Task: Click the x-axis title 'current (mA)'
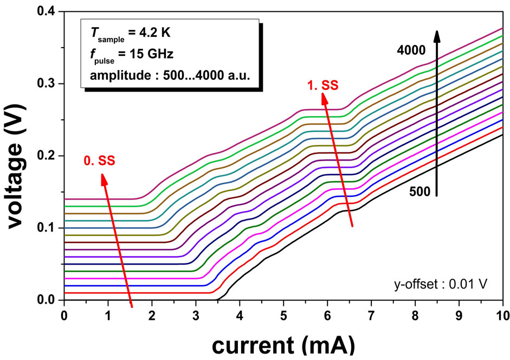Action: tap(283, 343)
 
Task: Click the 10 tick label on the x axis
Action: tap(502, 314)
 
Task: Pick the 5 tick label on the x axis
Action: tap(283, 314)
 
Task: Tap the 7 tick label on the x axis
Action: tap(371, 314)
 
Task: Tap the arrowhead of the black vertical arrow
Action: tap(437, 35)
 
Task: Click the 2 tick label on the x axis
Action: tap(152, 314)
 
